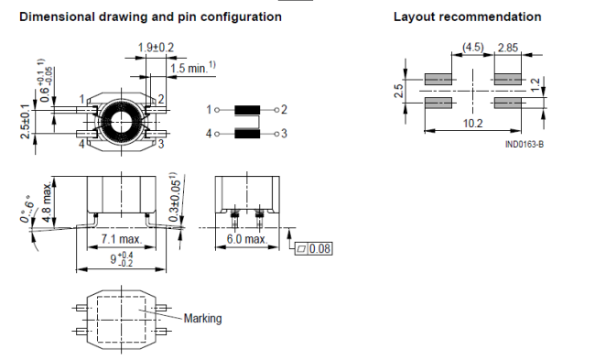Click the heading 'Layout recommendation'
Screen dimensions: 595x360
click(467, 16)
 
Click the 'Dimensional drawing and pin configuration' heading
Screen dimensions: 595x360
click(150, 16)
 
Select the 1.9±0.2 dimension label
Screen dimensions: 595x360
click(156, 48)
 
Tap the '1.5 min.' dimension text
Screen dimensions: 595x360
click(193, 68)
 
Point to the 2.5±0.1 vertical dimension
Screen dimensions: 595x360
click(25, 122)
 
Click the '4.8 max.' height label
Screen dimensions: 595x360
click(47, 202)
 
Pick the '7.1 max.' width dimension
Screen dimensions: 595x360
click(121, 239)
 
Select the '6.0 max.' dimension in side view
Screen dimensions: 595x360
click(247, 239)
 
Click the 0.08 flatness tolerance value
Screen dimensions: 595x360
click(319, 249)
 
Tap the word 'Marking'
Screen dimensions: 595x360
click(202, 318)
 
